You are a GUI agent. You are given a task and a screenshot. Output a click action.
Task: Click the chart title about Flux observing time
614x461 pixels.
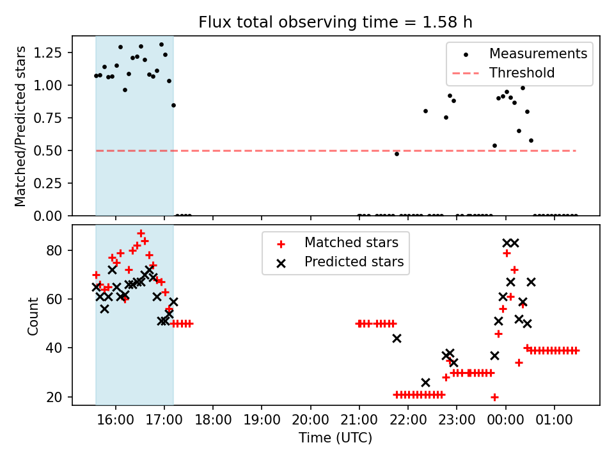click(x=335, y=22)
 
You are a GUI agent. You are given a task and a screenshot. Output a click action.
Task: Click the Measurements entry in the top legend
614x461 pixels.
click(x=538, y=54)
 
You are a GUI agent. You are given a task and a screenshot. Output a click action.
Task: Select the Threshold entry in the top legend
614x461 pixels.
click(x=522, y=73)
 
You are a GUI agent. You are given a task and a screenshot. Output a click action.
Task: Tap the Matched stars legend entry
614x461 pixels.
click(x=350, y=243)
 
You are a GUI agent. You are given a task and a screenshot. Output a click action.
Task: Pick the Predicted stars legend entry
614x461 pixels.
click(x=354, y=262)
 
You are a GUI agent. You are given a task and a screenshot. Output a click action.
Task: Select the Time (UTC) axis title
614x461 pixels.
click(x=335, y=439)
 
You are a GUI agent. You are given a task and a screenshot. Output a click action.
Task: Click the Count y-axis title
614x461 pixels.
click(x=33, y=316)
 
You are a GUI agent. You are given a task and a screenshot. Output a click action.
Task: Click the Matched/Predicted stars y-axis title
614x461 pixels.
click(x=21, y=126)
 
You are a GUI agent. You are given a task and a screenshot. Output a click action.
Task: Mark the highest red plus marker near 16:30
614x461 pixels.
click(x=141, y=234)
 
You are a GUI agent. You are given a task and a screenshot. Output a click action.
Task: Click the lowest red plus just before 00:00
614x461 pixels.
click(x=494, y=397)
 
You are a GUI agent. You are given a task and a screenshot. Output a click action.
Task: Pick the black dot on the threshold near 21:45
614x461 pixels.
click(x=397, y=154)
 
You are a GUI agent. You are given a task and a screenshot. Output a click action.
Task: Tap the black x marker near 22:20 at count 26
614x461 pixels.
click(x=425, y=382)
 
